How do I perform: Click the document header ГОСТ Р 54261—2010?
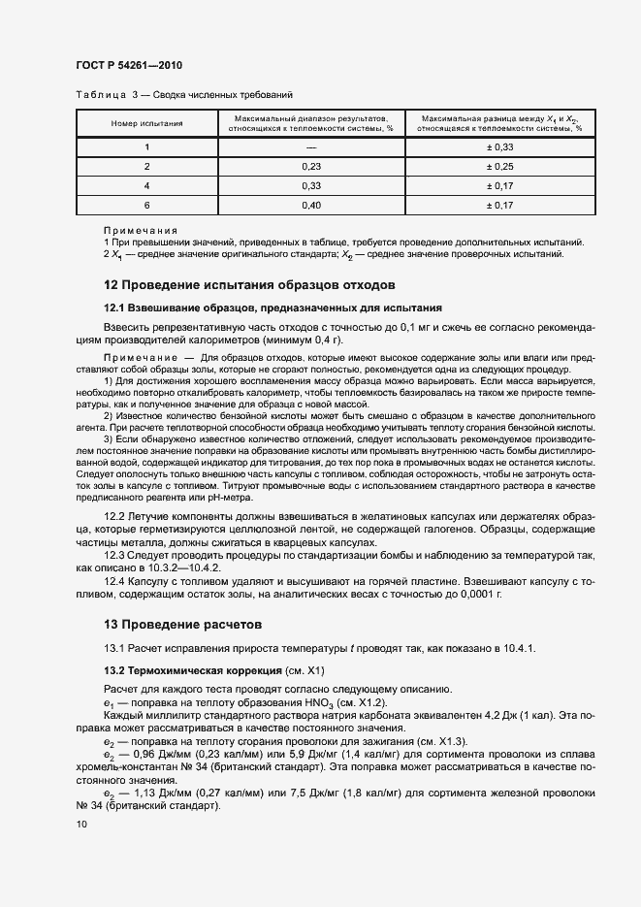(129, 66)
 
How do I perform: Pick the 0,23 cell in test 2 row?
(310, 166)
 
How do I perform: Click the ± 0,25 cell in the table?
(499, 166)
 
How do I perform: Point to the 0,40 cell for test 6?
(310, 205)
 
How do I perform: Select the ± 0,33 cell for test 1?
(499, 146)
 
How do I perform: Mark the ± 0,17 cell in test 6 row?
(499, 205)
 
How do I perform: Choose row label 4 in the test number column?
(146, 185)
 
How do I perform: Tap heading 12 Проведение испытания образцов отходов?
(249, 285)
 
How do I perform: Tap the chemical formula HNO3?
(293, 701)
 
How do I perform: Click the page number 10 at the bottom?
(80, 825)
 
